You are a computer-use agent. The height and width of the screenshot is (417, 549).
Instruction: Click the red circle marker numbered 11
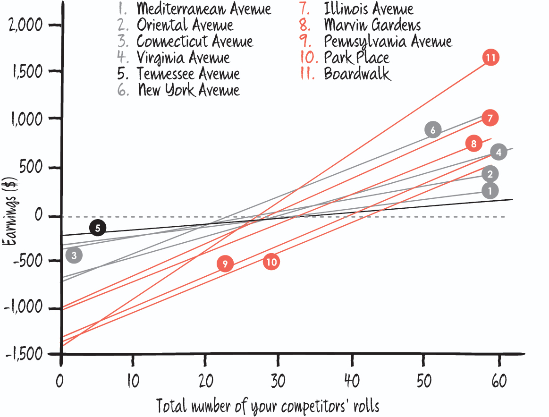point(491,58)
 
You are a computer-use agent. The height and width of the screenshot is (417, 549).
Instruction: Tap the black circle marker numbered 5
point(98,228)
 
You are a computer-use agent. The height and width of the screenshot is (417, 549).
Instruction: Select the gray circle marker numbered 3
point(74,255)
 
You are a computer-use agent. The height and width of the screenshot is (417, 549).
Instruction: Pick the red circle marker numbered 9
point(225,264)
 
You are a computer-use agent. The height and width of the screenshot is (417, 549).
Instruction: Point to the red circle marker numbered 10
point(271,262)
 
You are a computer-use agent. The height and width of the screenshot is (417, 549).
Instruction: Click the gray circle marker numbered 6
point(432,129)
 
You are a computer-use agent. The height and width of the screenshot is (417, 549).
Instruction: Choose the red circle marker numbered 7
point(490,118)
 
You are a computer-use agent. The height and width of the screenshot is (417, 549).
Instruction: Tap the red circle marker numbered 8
point(473,144)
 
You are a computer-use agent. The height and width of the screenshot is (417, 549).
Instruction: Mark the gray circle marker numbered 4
point(498,152)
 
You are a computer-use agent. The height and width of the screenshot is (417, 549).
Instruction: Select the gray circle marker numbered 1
point(490,191)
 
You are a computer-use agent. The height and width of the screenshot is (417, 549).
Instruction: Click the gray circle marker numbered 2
point(490,174)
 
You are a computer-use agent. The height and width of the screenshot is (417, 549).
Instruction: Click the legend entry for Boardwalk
point(357,74)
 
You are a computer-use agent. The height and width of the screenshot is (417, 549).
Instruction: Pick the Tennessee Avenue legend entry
point(188,74)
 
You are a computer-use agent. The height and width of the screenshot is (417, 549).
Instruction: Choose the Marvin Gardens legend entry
point(372,25)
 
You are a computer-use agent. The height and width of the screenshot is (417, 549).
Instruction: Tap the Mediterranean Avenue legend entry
point(203,9)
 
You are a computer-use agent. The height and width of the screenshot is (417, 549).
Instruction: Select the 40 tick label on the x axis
point(350,381)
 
